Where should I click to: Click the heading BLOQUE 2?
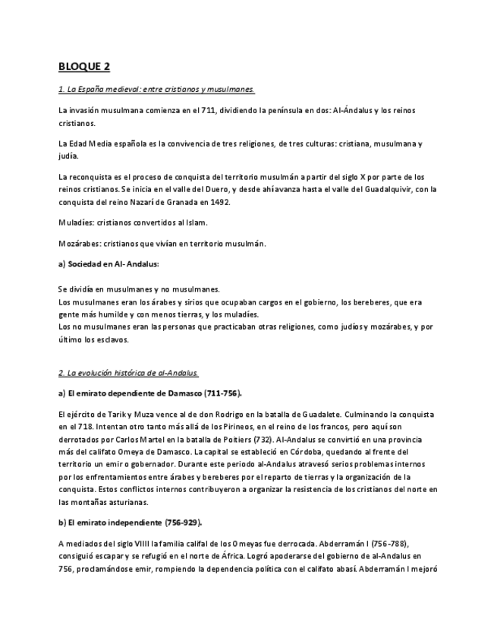tap(84, 67)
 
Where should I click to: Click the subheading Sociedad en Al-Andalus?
tap(114, 264)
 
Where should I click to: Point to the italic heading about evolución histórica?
tap(128, 373)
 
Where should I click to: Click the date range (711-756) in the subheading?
tap(219, 393)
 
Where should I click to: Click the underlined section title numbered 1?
tap(156, 90)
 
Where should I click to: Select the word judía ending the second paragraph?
tap(68, 156)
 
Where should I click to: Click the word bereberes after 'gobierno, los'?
tap(374, 302)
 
